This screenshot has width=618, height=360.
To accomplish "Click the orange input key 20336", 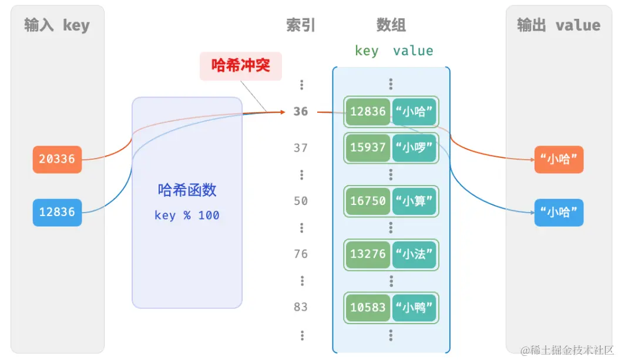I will tap(57, 159).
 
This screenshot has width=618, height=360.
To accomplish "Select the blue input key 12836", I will tap(57, 212).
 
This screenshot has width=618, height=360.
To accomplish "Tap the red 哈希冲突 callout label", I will tap(241, 66).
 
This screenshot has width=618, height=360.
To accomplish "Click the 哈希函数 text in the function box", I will tap(187, 190).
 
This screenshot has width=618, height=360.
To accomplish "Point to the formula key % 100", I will tap(187, 216).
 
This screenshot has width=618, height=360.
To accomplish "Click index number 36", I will tap(301, 112).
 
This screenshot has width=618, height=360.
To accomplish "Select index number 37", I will tap(301, 148).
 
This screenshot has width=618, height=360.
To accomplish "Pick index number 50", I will tap(301, 201).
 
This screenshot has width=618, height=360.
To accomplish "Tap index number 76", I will tap(301, 254).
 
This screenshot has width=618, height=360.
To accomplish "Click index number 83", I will tap(301, 307).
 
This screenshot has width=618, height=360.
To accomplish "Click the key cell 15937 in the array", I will tap(368, 148).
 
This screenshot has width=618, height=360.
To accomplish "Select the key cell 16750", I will tap(368, 201).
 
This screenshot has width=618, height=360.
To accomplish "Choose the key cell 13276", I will tap(368, 254).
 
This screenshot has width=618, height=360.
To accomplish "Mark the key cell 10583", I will tap(368, 307).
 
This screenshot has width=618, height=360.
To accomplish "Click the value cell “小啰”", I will tap(415, 148).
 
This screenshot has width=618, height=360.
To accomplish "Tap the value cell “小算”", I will tap(415, 201).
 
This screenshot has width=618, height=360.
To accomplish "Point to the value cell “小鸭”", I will tap(415, 307).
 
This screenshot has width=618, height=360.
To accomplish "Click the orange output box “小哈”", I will tap(559, 159).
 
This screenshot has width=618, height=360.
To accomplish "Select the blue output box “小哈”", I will tap(559, 212).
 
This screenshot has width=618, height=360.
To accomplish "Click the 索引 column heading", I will tap(301, 25).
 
